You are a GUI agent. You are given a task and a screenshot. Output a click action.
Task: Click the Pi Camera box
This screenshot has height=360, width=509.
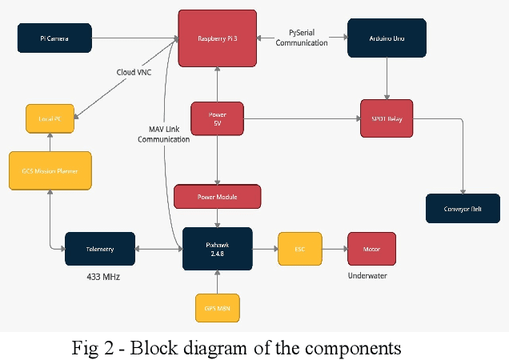coord(54,38)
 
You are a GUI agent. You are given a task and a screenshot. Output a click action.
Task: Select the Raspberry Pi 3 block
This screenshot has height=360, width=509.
coord(217,38)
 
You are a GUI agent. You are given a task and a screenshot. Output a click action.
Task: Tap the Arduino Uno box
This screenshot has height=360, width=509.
coord(387,38)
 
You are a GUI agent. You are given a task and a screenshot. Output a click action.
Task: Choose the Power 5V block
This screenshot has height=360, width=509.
coord(217,118)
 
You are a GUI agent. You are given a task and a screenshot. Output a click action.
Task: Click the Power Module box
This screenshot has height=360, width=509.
coord(217,196)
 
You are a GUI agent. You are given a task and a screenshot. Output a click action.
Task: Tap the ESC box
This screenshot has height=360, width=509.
coord(299,249)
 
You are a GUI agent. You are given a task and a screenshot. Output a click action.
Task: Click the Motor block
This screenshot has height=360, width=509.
coord(371,249)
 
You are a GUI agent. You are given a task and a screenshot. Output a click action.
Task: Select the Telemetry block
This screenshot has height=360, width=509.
coord(100,249)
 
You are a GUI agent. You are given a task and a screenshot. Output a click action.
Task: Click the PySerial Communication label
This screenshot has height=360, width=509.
coord(302,38)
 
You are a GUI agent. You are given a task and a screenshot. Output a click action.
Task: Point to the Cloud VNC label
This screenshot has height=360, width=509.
coord(134,71)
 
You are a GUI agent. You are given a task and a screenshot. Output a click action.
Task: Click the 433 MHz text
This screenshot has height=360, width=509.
coord(104,277)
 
